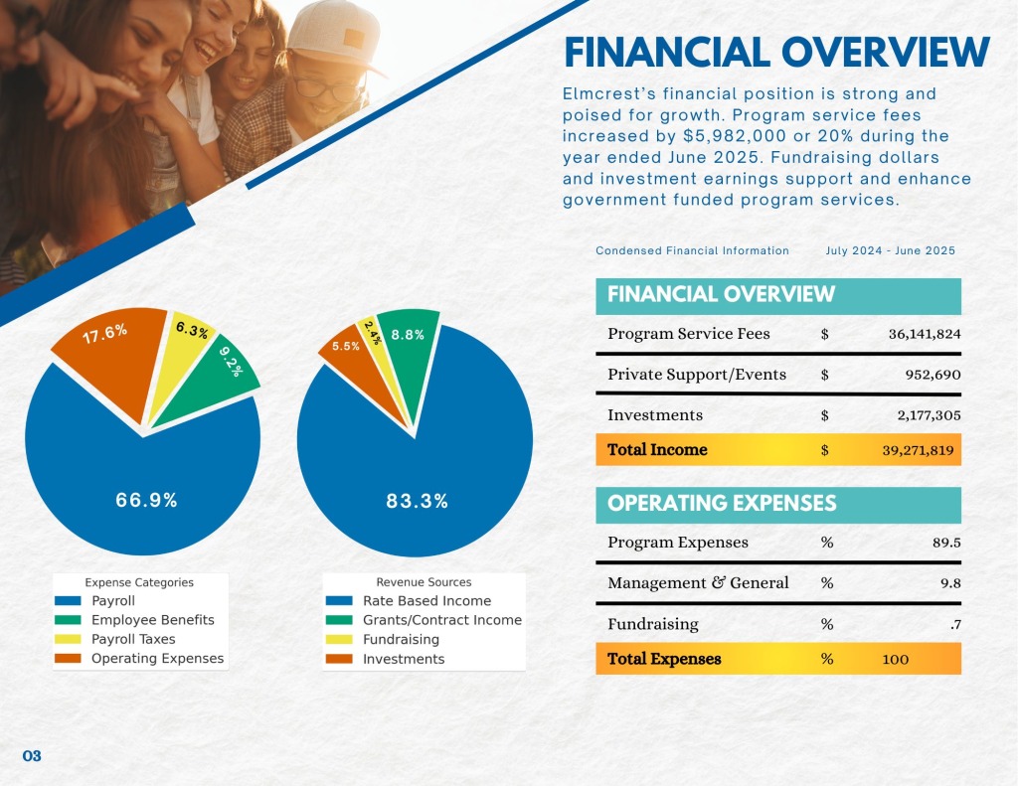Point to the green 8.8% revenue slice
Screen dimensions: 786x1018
(x=407, y=343)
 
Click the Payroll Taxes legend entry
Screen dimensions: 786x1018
(x=133, y=639)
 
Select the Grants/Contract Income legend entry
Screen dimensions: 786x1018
(x=441, y=620)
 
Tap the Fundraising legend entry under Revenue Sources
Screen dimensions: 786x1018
(x=401, y=639)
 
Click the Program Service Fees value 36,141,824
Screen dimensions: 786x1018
(x=924, y=334)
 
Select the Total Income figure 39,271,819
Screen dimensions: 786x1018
(x=918, y=450)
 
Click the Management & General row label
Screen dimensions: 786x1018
(x=698, y=583)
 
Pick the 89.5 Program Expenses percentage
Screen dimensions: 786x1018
(x=949, y=543)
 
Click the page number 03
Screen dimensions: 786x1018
(x=32, y=756)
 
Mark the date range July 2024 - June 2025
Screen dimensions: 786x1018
(x=890, y=250)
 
